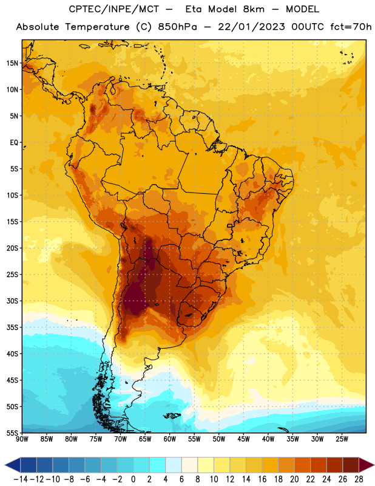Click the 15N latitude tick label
[12, 63]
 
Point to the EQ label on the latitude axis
[14, 143]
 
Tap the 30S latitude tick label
[12, 301]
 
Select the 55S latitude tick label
[12, 433]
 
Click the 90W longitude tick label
[22, 439]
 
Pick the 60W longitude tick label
[170, 439]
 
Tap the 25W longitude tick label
[342, 439]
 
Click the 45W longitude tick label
[243, 439]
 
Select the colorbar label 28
[359, 479]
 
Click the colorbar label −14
[21, 479]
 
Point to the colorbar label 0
[133, 479]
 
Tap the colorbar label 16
[262, 479]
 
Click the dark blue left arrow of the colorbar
[13, 465]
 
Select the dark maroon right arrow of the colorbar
[367, 465]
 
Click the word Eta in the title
[194, 9]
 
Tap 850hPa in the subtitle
[177, 27]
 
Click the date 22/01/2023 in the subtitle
[251, 27]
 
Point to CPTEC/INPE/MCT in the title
[113, 9]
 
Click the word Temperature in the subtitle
[97, 27]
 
